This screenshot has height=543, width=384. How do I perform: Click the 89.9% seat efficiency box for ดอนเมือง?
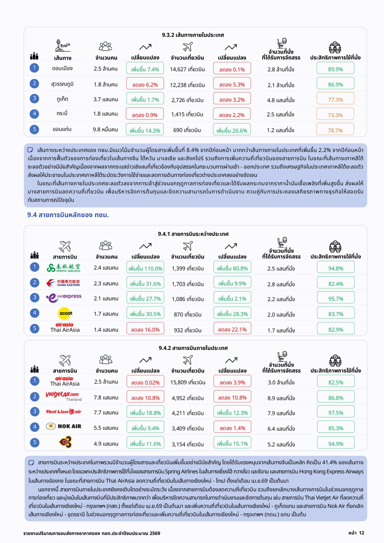coord(335,68)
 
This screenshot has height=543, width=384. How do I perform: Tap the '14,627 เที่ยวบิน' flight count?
coord(187,69)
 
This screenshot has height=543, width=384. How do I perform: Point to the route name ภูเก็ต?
coord(62,99)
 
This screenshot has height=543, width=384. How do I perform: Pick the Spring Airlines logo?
coord(64,268)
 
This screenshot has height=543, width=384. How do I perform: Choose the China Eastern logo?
coord(63,283)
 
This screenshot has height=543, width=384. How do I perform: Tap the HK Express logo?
coord(64,297)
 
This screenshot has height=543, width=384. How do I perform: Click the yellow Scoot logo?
coord(65,313)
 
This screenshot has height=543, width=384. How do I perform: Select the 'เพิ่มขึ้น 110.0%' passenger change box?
coord(145,267)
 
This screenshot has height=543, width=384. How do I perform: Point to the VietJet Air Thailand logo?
coord(64,396)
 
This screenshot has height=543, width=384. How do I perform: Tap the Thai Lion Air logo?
coord(64,411)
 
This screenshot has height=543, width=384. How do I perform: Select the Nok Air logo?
coord(64,426)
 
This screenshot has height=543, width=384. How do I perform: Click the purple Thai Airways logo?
coord(65,442)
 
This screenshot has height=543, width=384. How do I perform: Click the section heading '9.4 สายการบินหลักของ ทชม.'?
coord(68,215)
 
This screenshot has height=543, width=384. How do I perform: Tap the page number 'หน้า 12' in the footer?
coord(356,533)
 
